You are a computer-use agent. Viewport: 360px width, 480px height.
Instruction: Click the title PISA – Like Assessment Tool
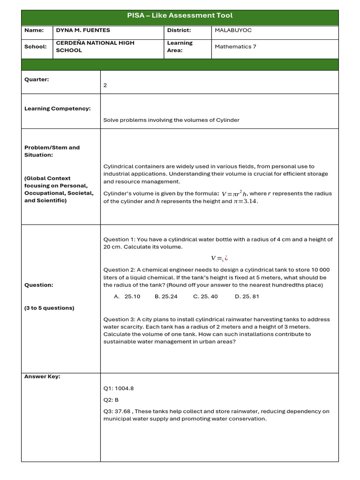(x=180, y=15)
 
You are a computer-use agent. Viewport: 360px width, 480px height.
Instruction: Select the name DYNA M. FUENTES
(x=83, y=30)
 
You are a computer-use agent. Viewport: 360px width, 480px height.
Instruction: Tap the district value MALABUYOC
(x=233, y=30)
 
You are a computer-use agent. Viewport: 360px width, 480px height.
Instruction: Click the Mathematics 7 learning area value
(x=235, y=47)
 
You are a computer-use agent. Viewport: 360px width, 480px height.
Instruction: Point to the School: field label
(x=36, y=47)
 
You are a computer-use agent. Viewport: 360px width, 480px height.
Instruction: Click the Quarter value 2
(x=105, y=85)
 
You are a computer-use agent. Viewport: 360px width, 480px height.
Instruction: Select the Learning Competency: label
(x=58, y=109)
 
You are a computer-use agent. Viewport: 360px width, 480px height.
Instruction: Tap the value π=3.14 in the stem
(x=246, y=202)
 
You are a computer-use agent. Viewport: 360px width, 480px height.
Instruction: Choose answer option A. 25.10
(x=127, y=297)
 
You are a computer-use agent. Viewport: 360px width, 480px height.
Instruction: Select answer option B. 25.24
(x=166, y=297)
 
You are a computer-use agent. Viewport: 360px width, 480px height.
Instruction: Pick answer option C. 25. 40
(x=205, y=297)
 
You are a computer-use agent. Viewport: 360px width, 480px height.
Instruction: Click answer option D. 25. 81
(x=247, y=297)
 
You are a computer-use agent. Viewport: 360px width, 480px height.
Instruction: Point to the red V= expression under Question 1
(x=219, y=258)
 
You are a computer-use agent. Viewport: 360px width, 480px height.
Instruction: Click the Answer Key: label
(x=42, y=376)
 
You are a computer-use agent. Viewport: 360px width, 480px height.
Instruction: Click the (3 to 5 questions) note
(x=49, y=308)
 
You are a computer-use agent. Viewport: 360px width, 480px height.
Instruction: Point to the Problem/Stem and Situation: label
(x=52, y=151)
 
